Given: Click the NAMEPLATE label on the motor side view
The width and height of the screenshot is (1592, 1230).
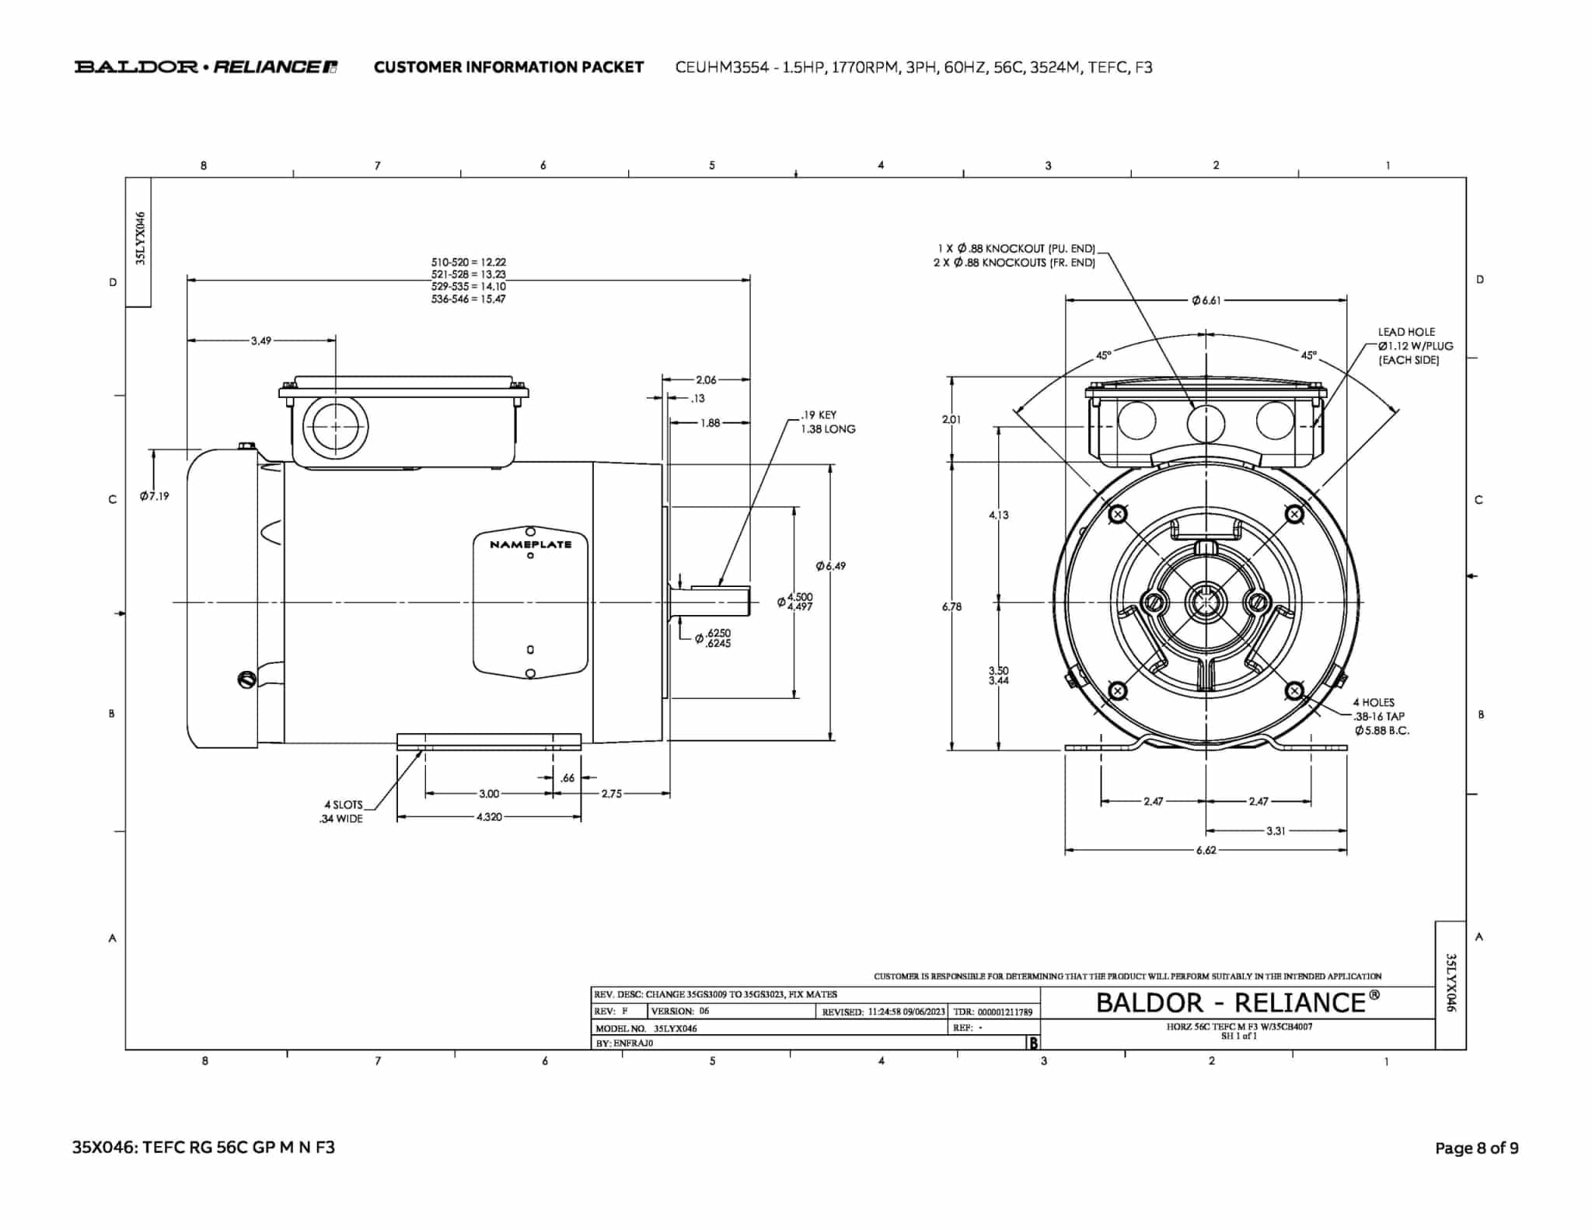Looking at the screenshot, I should click(x=530, y=544).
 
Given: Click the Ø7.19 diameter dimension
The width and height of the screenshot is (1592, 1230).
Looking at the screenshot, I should click(x=155, y=496).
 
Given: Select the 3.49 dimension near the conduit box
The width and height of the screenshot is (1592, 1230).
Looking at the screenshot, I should click(x=261, y=341).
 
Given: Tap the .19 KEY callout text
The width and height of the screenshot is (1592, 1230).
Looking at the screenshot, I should click(x=819, y=415).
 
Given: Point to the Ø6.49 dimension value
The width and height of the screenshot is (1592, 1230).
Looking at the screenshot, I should click(x=831, y=566).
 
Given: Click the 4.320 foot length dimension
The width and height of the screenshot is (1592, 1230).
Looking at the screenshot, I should click(x=489, y=817).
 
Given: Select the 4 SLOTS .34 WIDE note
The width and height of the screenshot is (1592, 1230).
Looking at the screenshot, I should click(x=342, y=812).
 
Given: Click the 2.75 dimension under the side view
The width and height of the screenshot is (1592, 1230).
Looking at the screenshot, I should click(x=612, y=794).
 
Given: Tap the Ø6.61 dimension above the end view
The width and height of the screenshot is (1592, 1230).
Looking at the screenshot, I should click(x=1206, y=300).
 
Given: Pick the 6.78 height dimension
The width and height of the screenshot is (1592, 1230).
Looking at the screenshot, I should click(x=951, y=606).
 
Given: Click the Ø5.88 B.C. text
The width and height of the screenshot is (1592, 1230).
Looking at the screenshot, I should click(x=1381, y=731).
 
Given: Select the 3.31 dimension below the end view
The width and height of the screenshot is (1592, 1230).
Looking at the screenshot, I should click(x=1276, y=830).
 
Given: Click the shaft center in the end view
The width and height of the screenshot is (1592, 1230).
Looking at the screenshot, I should click(x=1206, y=601).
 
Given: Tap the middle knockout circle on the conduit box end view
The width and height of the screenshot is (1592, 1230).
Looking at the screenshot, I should click(x=1206, y=424).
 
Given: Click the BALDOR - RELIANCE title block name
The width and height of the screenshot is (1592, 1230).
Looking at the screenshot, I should click(x=1238, y=1003).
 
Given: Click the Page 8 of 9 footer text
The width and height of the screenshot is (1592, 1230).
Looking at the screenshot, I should click(x=1476, y=1148).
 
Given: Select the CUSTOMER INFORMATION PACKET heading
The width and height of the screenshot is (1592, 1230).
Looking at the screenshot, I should click(x=508, y=67).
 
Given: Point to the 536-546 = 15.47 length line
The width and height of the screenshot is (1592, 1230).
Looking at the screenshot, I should click(x=468, y=299).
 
